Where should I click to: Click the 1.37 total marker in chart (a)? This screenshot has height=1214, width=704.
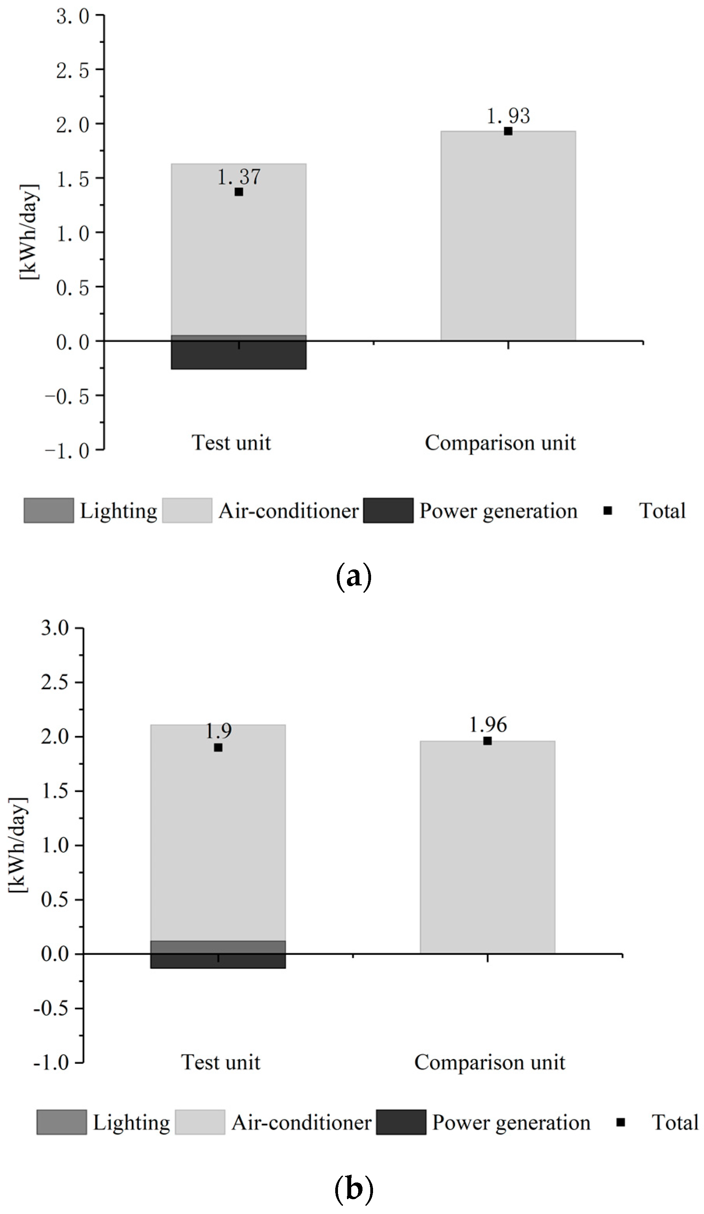tap(239, 192)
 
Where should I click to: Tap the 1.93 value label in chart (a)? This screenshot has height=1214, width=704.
tap(508, 116)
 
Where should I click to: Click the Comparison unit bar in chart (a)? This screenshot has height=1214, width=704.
tap(508, 236)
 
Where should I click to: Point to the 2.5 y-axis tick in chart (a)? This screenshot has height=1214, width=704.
tap(72, 70)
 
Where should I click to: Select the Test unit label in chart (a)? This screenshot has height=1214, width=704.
tap(231, 442)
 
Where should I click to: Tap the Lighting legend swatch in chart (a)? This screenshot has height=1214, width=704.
tap(49, 511)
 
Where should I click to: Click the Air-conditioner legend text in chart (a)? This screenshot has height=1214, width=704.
tap(288, 511)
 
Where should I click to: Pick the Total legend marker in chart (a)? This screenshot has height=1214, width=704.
tap(607, 511)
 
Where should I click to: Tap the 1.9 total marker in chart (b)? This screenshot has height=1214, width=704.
tap(218, 748)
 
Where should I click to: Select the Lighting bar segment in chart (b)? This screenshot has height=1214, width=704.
tap(218, 947)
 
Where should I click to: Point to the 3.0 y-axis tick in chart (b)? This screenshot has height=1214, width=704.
tap(55, 628)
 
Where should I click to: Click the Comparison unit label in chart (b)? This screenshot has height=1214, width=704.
tap(489, 1062)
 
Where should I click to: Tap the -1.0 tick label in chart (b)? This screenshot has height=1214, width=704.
tap(51, 1062)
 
